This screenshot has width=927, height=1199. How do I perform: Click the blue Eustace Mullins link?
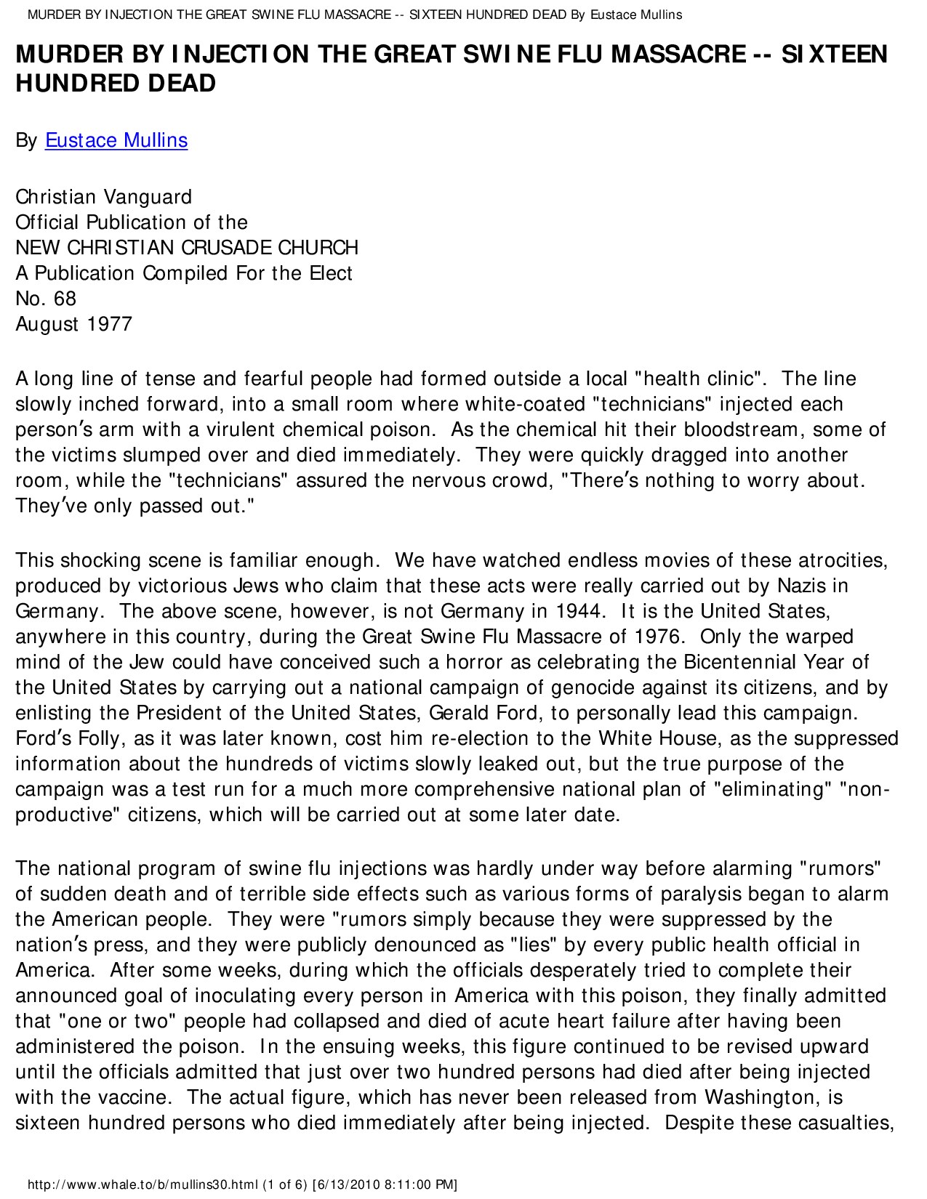coord(116,140)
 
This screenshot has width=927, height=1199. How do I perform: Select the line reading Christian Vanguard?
coord(104,197)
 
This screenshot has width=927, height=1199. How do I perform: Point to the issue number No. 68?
coord(46,299)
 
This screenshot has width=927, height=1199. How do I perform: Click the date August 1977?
coord(74,324)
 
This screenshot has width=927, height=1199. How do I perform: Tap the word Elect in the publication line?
coord(332,273)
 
